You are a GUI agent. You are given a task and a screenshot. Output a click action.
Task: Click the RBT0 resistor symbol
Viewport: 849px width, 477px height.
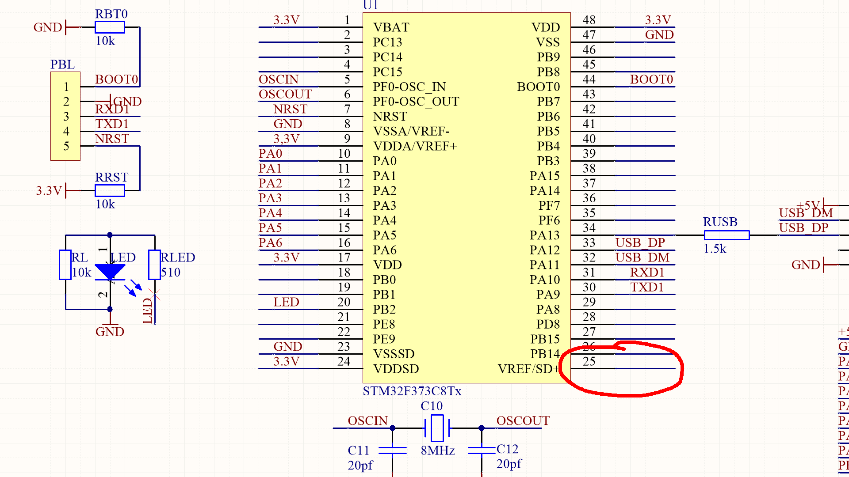pos(110,27)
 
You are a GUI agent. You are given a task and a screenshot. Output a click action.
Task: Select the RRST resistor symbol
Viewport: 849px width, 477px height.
pos(110,191)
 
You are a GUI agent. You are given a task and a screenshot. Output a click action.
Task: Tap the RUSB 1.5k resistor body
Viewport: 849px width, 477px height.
pos(727,235)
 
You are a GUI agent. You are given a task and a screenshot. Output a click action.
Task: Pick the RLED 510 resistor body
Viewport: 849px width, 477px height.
pos(154,265)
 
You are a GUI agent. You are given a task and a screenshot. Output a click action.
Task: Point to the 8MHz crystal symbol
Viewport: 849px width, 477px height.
pos(437,428)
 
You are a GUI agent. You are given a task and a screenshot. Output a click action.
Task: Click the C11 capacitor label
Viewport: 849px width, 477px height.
pos(358,450)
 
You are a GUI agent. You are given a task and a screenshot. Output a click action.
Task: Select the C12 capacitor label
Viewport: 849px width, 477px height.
pos(507,449)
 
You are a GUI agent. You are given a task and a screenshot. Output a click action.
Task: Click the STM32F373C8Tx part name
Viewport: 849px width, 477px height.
pos(412,391)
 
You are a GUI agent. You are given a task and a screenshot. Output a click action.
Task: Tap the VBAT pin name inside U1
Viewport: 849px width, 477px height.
pos(391,27)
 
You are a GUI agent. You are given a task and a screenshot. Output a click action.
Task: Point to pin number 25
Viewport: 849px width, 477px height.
pos(589,361)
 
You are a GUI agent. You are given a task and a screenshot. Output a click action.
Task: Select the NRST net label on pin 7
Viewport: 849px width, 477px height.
pos(290,109)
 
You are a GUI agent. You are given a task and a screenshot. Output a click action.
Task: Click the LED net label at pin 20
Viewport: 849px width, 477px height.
pos(286,302)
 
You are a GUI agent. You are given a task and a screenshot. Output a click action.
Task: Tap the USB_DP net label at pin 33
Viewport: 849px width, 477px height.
pos(640,242)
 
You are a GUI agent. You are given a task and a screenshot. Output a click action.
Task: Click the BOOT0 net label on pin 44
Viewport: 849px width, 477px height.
pos(651,79)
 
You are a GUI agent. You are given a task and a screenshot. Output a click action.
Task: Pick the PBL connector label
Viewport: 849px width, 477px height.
pos(62,64)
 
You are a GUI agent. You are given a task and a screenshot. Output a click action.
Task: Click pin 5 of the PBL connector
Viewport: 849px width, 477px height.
pos(66,146)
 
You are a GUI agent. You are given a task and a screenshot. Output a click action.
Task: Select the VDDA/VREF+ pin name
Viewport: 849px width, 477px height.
pos(415,146)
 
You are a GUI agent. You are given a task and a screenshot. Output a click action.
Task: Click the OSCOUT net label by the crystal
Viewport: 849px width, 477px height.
pos(523,420)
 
